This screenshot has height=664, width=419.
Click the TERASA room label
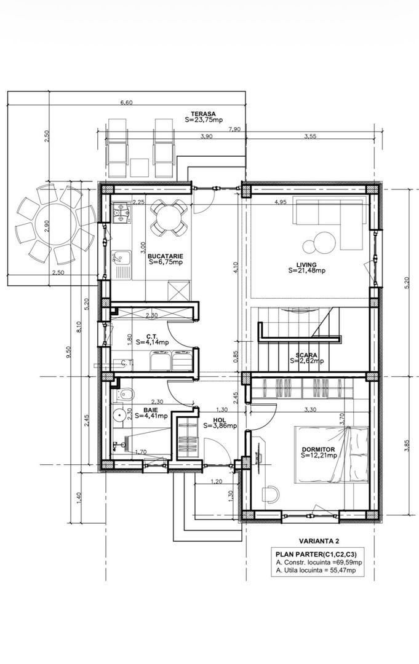point(204,114)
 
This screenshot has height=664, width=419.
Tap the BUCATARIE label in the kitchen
point(166,256)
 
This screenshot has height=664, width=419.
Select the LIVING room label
point(307,265)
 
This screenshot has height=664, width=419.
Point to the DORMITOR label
point(319,449)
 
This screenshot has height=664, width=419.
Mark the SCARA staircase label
point(307,355)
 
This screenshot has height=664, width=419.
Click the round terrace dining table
point(55,225)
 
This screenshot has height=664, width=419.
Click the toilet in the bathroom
point(124,394)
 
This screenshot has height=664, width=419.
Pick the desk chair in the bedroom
point(270,494)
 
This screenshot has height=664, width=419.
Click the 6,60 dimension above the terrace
point(127,103)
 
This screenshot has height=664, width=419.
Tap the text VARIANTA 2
point(319,541)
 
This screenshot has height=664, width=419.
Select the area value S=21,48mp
point(307,271)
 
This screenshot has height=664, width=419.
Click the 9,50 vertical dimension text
point(70,352)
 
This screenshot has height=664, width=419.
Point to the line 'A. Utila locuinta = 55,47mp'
point(316,571)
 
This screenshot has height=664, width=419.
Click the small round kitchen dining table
point(168,217)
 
